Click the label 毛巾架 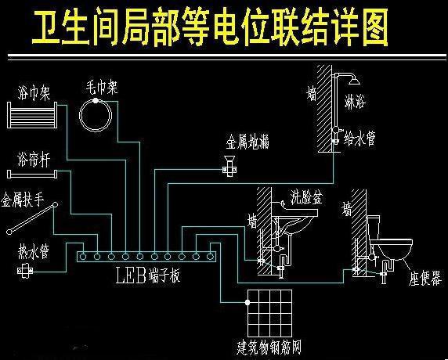tap(102, 88)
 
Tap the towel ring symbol tap(80, 116)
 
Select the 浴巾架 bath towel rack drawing tap(31, 115)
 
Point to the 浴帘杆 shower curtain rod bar tap(32, 175)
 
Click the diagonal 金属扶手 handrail tap(32, 218)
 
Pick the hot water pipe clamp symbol tap(25, 270)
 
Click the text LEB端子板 tap(148, 275)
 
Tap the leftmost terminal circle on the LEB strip tap(83, 257)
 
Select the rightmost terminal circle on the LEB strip tap(210, 257)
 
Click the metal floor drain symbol tap(229, 167)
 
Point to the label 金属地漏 tap(247, 141)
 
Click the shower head tap(354, 81)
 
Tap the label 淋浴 tap(355, 102)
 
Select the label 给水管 tap(359, 139)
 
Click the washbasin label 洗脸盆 tap(306, 197)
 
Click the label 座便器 tap(425, 278)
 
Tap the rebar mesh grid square tap(269, 313)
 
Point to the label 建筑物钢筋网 tap(269, 347)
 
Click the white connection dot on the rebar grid tap(247, 302)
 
